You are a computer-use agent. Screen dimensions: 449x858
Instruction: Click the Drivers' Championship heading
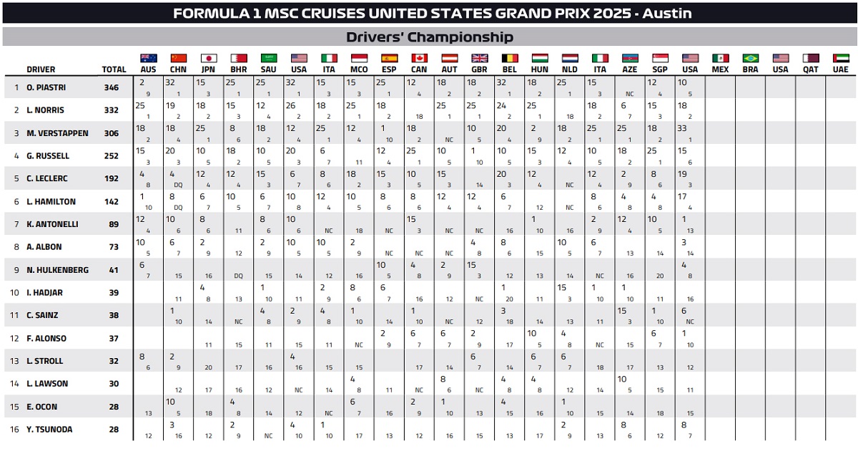(x=429, y=37)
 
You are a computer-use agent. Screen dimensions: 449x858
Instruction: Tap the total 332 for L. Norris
(x=110, y=110)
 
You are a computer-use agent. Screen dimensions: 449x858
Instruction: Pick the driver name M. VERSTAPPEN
(x=59, y=133)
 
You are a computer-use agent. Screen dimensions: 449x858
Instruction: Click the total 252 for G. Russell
(x=110, y=156)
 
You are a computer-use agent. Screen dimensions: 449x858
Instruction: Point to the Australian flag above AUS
(x=148, y=58)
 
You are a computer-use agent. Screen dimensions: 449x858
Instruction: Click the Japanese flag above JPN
(x=209, y=58)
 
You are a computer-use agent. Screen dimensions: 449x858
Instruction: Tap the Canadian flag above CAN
(x=419, y=58)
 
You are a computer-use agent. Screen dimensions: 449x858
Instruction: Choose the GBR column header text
(x=479, y=69)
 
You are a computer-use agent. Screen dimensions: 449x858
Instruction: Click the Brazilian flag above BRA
(x=750, y=58)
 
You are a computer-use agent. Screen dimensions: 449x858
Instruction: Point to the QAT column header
(x=810, y=69)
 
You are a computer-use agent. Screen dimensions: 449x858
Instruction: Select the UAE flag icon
(x=840, y=58)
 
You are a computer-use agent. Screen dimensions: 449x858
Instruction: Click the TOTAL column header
(x=114, y=69)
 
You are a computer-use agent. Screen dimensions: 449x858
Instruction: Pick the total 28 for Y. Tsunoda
(x=110, y=430)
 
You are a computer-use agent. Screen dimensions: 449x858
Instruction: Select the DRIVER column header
(x=41, y=69)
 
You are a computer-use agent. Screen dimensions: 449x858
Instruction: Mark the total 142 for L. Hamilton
(x=110, y=202)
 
